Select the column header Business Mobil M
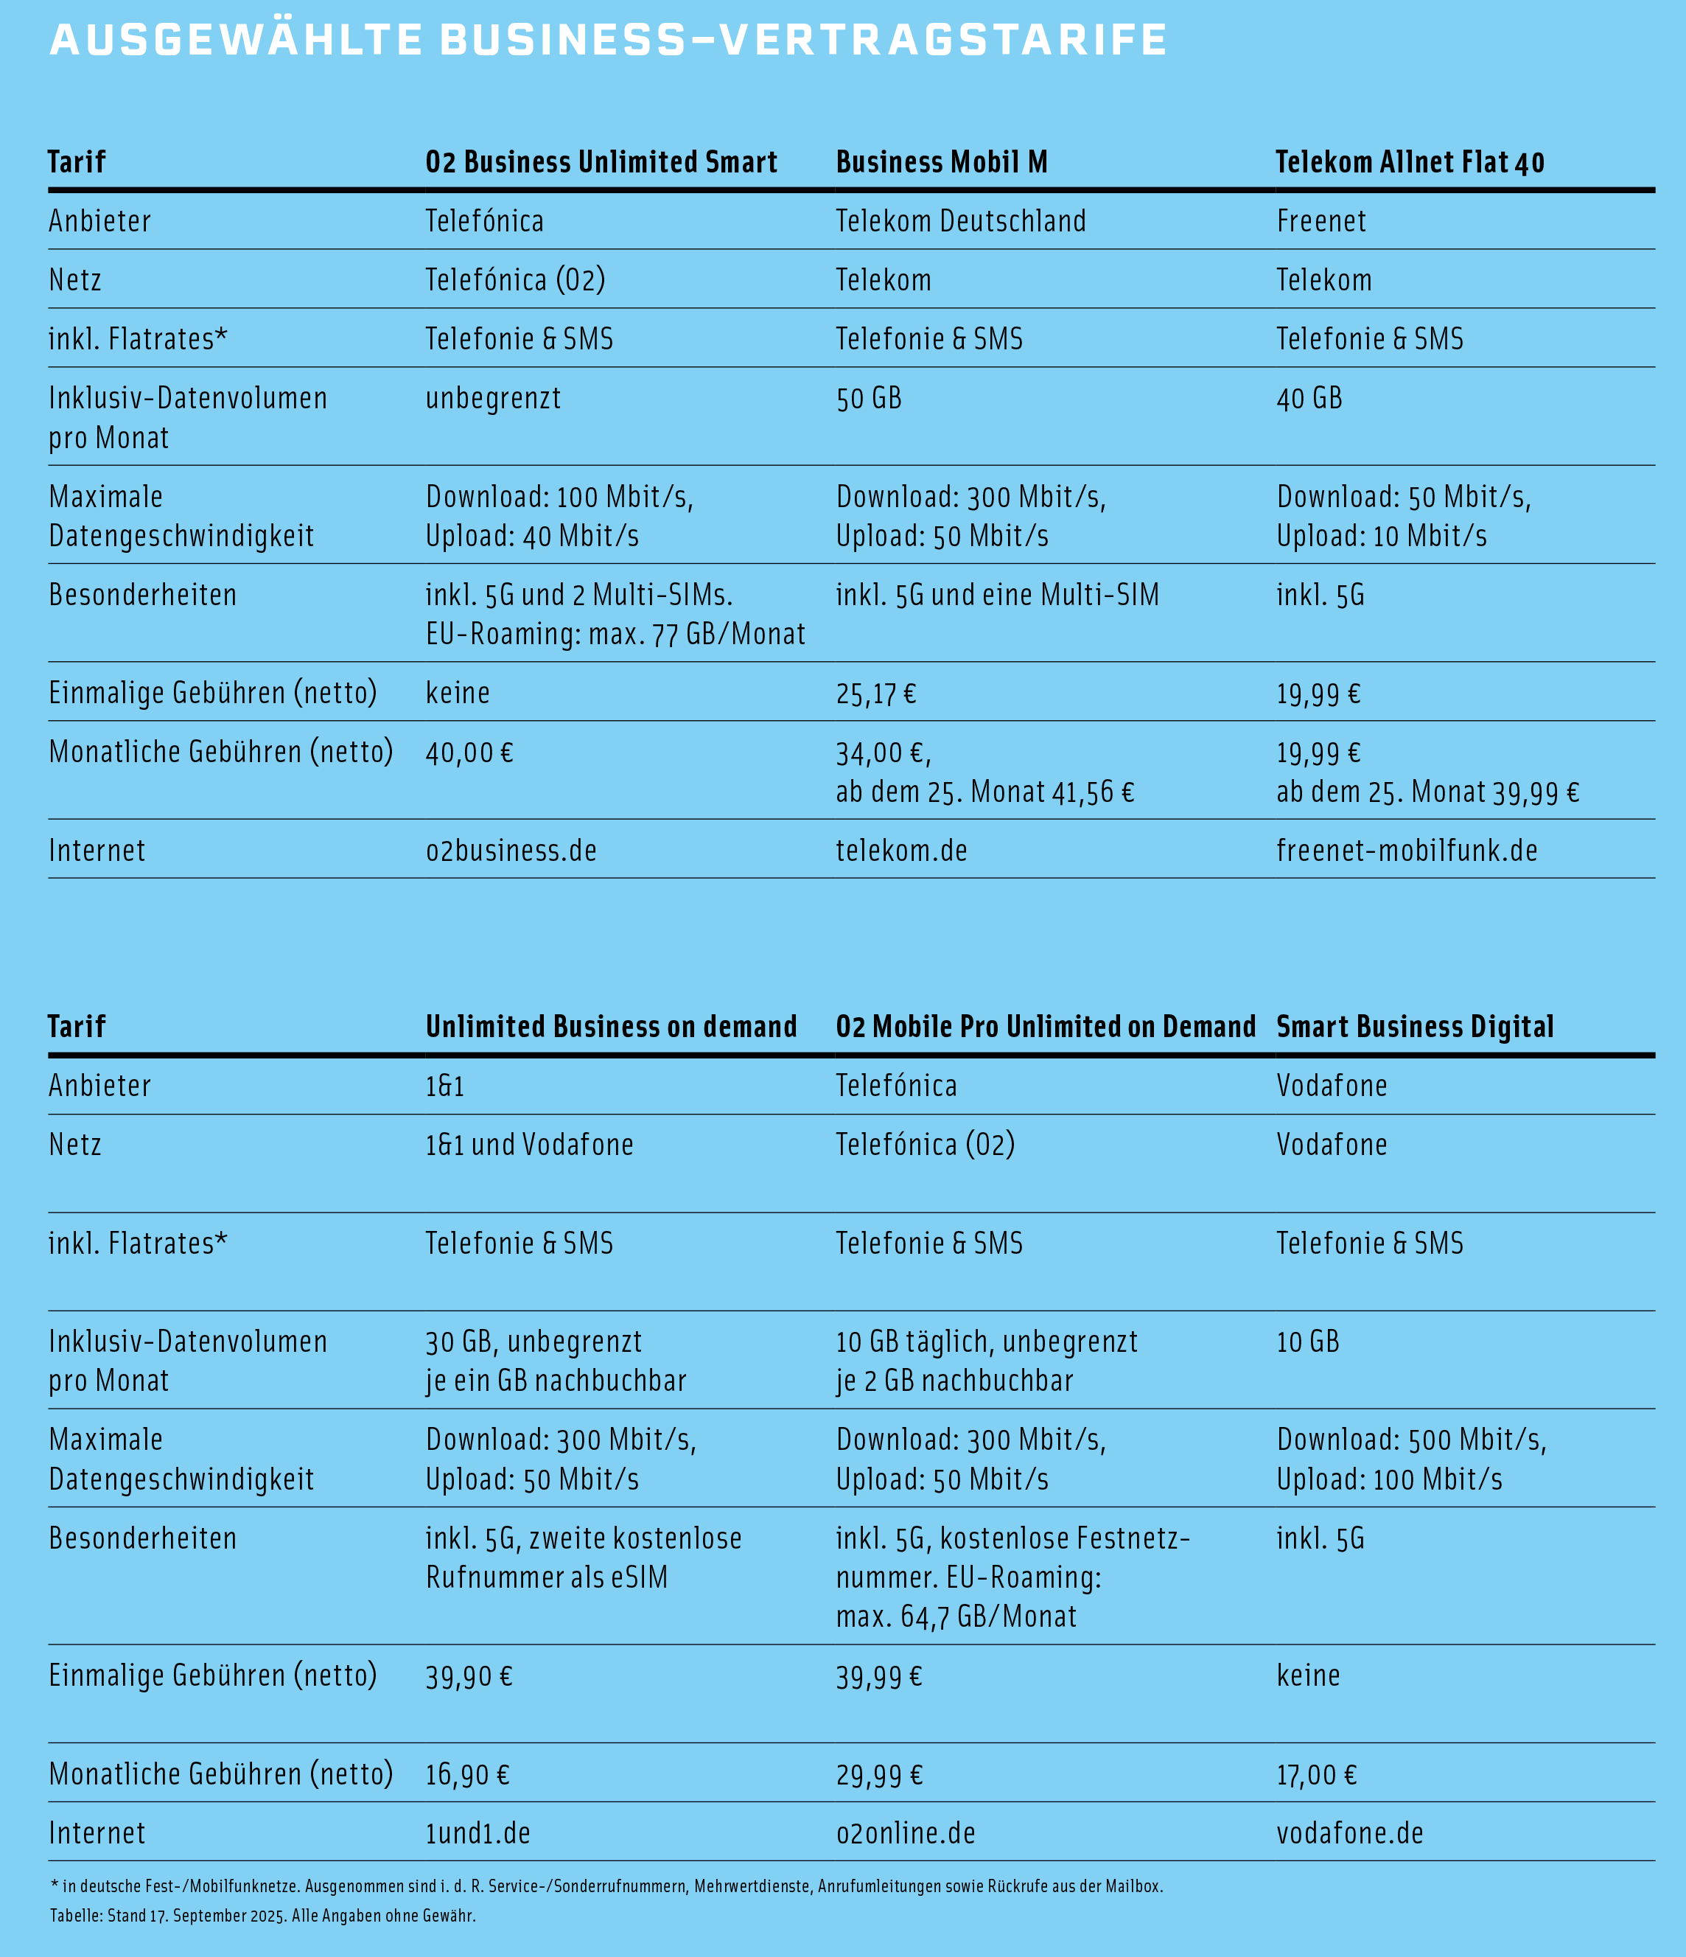941,162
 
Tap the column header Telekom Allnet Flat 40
1410,162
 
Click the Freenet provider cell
1321,221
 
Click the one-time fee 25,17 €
875,694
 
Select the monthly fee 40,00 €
469,753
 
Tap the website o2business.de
511,851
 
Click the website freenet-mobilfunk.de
1407,851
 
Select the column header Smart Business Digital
1414,1027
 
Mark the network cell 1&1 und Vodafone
528,1145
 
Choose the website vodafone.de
1349,1834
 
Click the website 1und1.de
478,1834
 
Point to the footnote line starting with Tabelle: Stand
262,1916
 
